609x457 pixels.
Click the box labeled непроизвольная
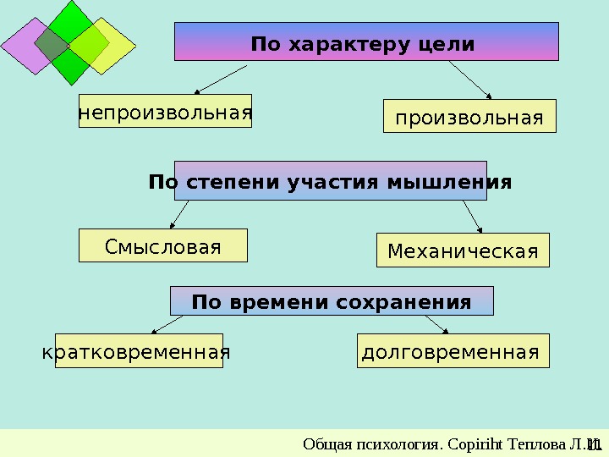point(165,111)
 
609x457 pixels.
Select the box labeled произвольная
point(470,117)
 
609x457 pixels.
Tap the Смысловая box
point(163,245)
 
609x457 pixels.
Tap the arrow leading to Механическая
point(473,217)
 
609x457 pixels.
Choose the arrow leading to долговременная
point(436,325)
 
